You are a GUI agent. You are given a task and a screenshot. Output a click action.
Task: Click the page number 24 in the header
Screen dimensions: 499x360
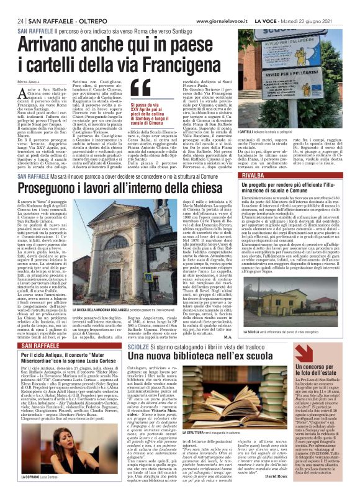click(x=22, y=20)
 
